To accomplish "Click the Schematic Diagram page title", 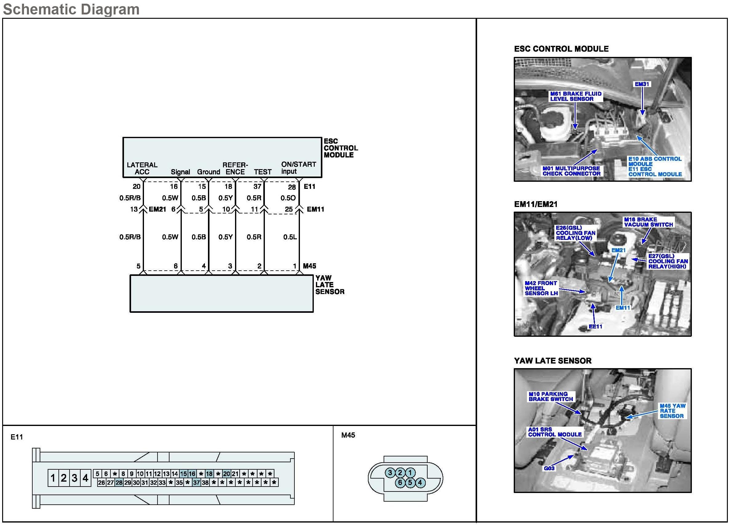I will pyautogui.click(x=71, y=9).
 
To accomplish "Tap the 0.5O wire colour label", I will pyautogui.click(x=288, y=198).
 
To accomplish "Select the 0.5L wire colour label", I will pyautogui.click(x=290, y=237).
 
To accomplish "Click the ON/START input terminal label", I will pyautogui.click(x=298, y=168).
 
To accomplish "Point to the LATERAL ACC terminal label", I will pyautogui.click(x=142, y=168).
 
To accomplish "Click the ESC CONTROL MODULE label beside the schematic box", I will pyautogui.click(x=341, y=148).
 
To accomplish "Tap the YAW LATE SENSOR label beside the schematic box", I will pyautogui.click(x=329, y=285).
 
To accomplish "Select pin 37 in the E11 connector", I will pyautogui.click(x=196, y=483).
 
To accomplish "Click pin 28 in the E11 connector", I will pyautogui.click(x=119, y=483).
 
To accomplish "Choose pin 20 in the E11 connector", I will pyautogui.click(x=227, y=474).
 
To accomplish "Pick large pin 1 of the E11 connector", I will pyautogui.click(x=53, y=478).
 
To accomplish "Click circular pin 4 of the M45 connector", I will pyautogui.click(x=420, y=483).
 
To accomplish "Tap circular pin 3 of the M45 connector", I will pyautogui.click(x=390, y=472).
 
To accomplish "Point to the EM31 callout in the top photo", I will pyautogui.click(x=642, y=84).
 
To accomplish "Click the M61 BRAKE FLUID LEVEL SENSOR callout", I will pyautogui.click(x=576, y=96).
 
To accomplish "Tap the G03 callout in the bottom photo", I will pyautogui.click(x=549, y=468).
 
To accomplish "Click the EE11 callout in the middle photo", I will pyautogui.click(x=595, y=326).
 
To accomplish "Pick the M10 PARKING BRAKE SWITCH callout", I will pyautogui.click(x=551, y=396).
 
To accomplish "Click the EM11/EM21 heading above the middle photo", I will pyautogui.click(x=536, y=204).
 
